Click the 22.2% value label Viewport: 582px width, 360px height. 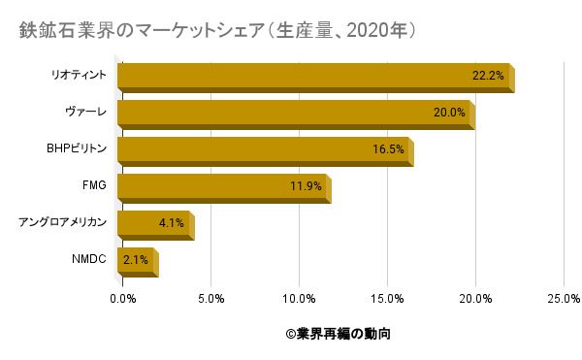488,76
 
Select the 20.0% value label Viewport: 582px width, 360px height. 449,113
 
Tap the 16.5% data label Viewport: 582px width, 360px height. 388,149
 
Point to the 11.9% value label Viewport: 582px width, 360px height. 306,186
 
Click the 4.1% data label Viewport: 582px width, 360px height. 172,223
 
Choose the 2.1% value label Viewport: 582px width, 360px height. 135,260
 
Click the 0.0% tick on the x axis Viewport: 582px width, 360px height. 123,298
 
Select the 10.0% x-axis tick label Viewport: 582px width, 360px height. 300,298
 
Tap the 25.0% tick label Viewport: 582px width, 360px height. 565,298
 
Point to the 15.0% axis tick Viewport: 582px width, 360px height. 388,298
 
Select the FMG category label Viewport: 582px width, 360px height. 94,186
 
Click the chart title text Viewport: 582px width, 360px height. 218,31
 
